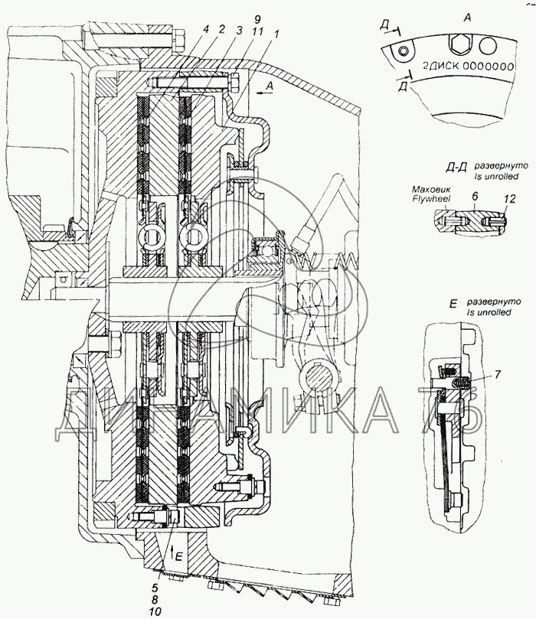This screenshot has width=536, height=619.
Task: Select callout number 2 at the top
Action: pos(222,29)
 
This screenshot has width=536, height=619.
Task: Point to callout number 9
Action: pos(258,20)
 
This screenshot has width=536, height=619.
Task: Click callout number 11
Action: pos(257,31)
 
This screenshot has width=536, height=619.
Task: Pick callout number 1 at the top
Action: pos(276,34)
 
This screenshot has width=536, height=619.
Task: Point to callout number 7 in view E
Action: pos(497,375)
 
